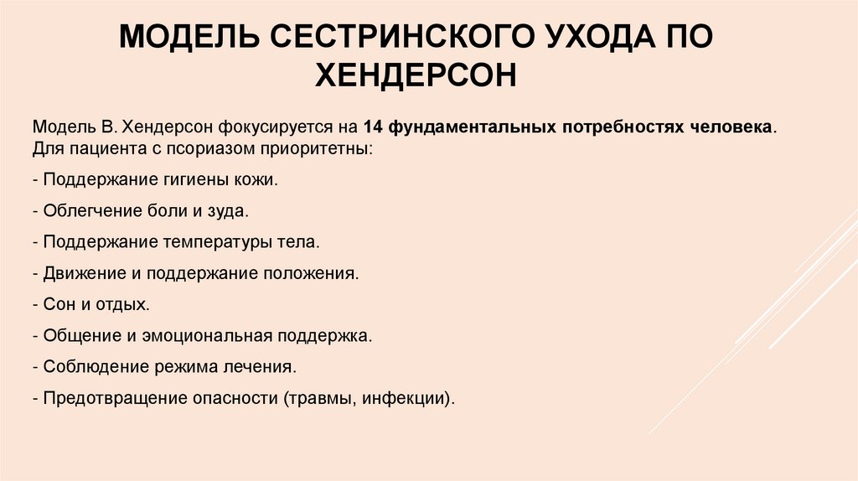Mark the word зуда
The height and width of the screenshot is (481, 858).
227,210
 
